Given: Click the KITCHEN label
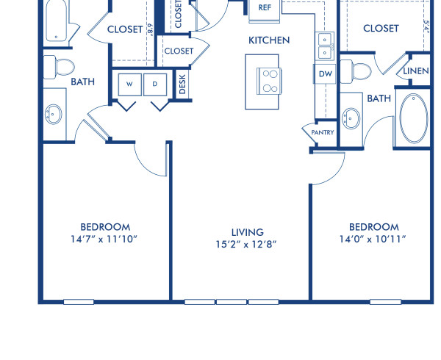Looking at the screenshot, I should [x=268, y=40].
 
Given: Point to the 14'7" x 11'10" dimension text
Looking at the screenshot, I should [x=105, y=239].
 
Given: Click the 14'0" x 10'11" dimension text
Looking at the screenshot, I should [x=374, y=239].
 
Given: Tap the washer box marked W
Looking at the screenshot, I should [x=129, y=84].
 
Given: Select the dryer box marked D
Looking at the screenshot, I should [x=155, y=84].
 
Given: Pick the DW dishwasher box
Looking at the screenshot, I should [x=325, y=73].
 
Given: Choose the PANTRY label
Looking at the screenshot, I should [x=323, y=132].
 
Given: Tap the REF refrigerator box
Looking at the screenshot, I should [x=265, y=8].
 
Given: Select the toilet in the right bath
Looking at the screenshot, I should [x=361, y=71].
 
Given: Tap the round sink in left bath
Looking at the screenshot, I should [x=54, y=114].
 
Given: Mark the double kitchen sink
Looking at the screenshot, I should [x=326, y=45].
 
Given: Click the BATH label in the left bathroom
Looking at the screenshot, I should [x=82, y=82].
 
